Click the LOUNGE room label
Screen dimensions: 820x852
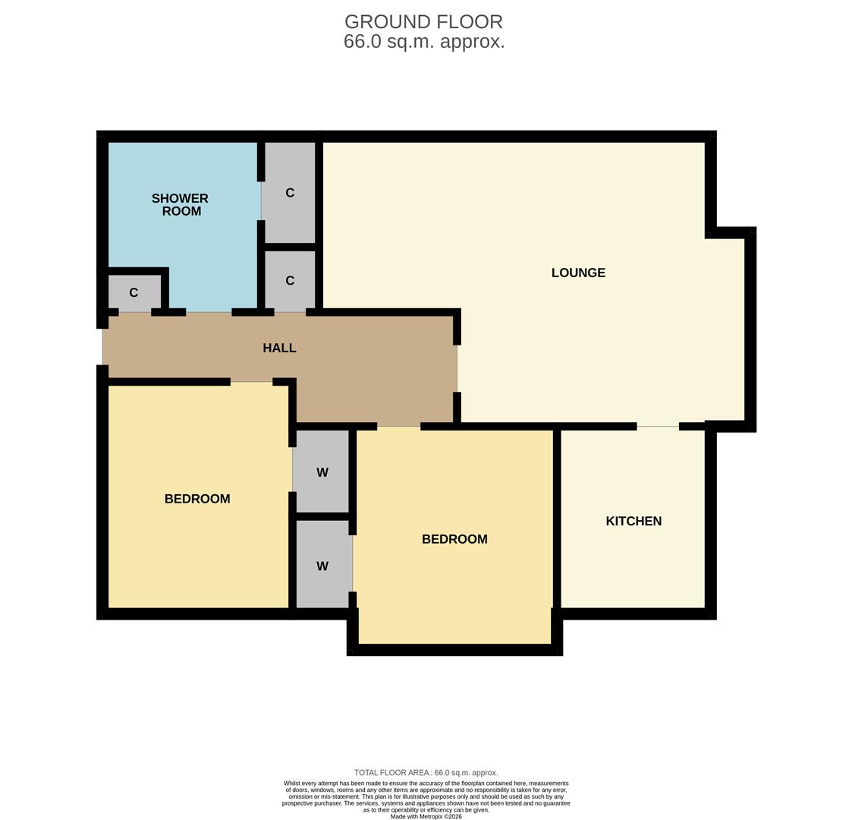point(578,273)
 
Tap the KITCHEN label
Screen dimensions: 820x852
point(633,521)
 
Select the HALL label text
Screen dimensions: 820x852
point(279,348)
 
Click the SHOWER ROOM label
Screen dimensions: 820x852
point(181,204)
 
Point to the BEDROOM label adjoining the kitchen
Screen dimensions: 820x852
point(454,539)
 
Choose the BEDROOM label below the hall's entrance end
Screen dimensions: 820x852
point(197,499)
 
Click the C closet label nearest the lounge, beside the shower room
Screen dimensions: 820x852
point(290,193)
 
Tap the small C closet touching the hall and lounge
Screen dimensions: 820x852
point(290,281)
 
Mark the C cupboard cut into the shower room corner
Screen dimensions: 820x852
point(134,292)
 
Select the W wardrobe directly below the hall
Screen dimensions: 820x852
point(322,472)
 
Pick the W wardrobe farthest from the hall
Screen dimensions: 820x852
point(322,566)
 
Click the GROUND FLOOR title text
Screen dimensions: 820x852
point(423,22)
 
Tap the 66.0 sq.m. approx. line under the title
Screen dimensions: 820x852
point(423,42)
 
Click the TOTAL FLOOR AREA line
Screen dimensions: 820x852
point(426,773)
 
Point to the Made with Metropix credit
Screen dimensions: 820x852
point(426,816)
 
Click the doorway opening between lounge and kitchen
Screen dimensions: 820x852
point(657,427)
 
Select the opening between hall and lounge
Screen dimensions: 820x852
point(457,368)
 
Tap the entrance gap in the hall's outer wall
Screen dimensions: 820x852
point(102,347)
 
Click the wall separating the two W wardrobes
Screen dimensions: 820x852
point(322,516)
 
